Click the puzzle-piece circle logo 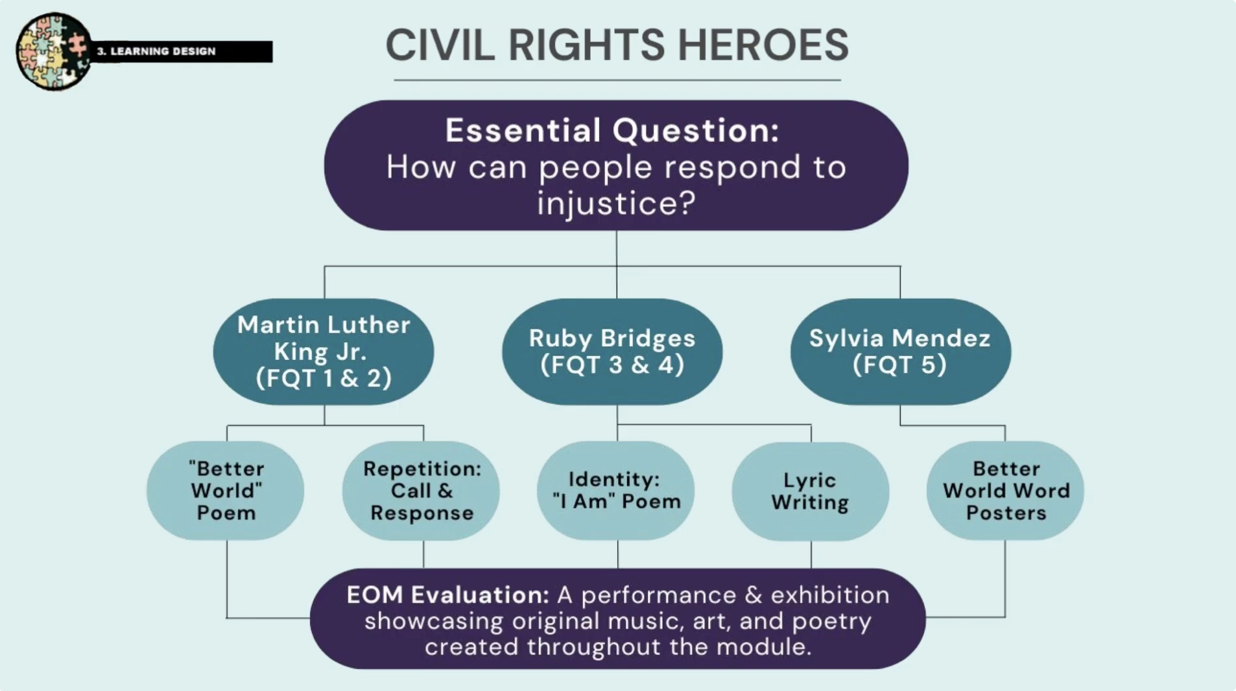point(54,51)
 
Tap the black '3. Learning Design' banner point(182,51)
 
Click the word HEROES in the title point(763,45)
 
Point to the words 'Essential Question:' point(612,130)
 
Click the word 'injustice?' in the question point(616,203)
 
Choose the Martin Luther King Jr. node point(324,351)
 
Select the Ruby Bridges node point(612,351)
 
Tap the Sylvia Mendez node point(900,351)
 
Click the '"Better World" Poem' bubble point(226,491)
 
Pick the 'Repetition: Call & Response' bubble point(422,491)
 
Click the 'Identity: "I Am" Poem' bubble point(616,491)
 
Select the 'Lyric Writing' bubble point(811,491)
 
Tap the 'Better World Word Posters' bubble point(1005,491)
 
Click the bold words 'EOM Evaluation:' point(448,594)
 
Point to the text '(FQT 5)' point(900,364)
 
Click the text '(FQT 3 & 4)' point(612,364)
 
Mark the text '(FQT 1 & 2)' point(324,378)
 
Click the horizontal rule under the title point(617,80)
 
